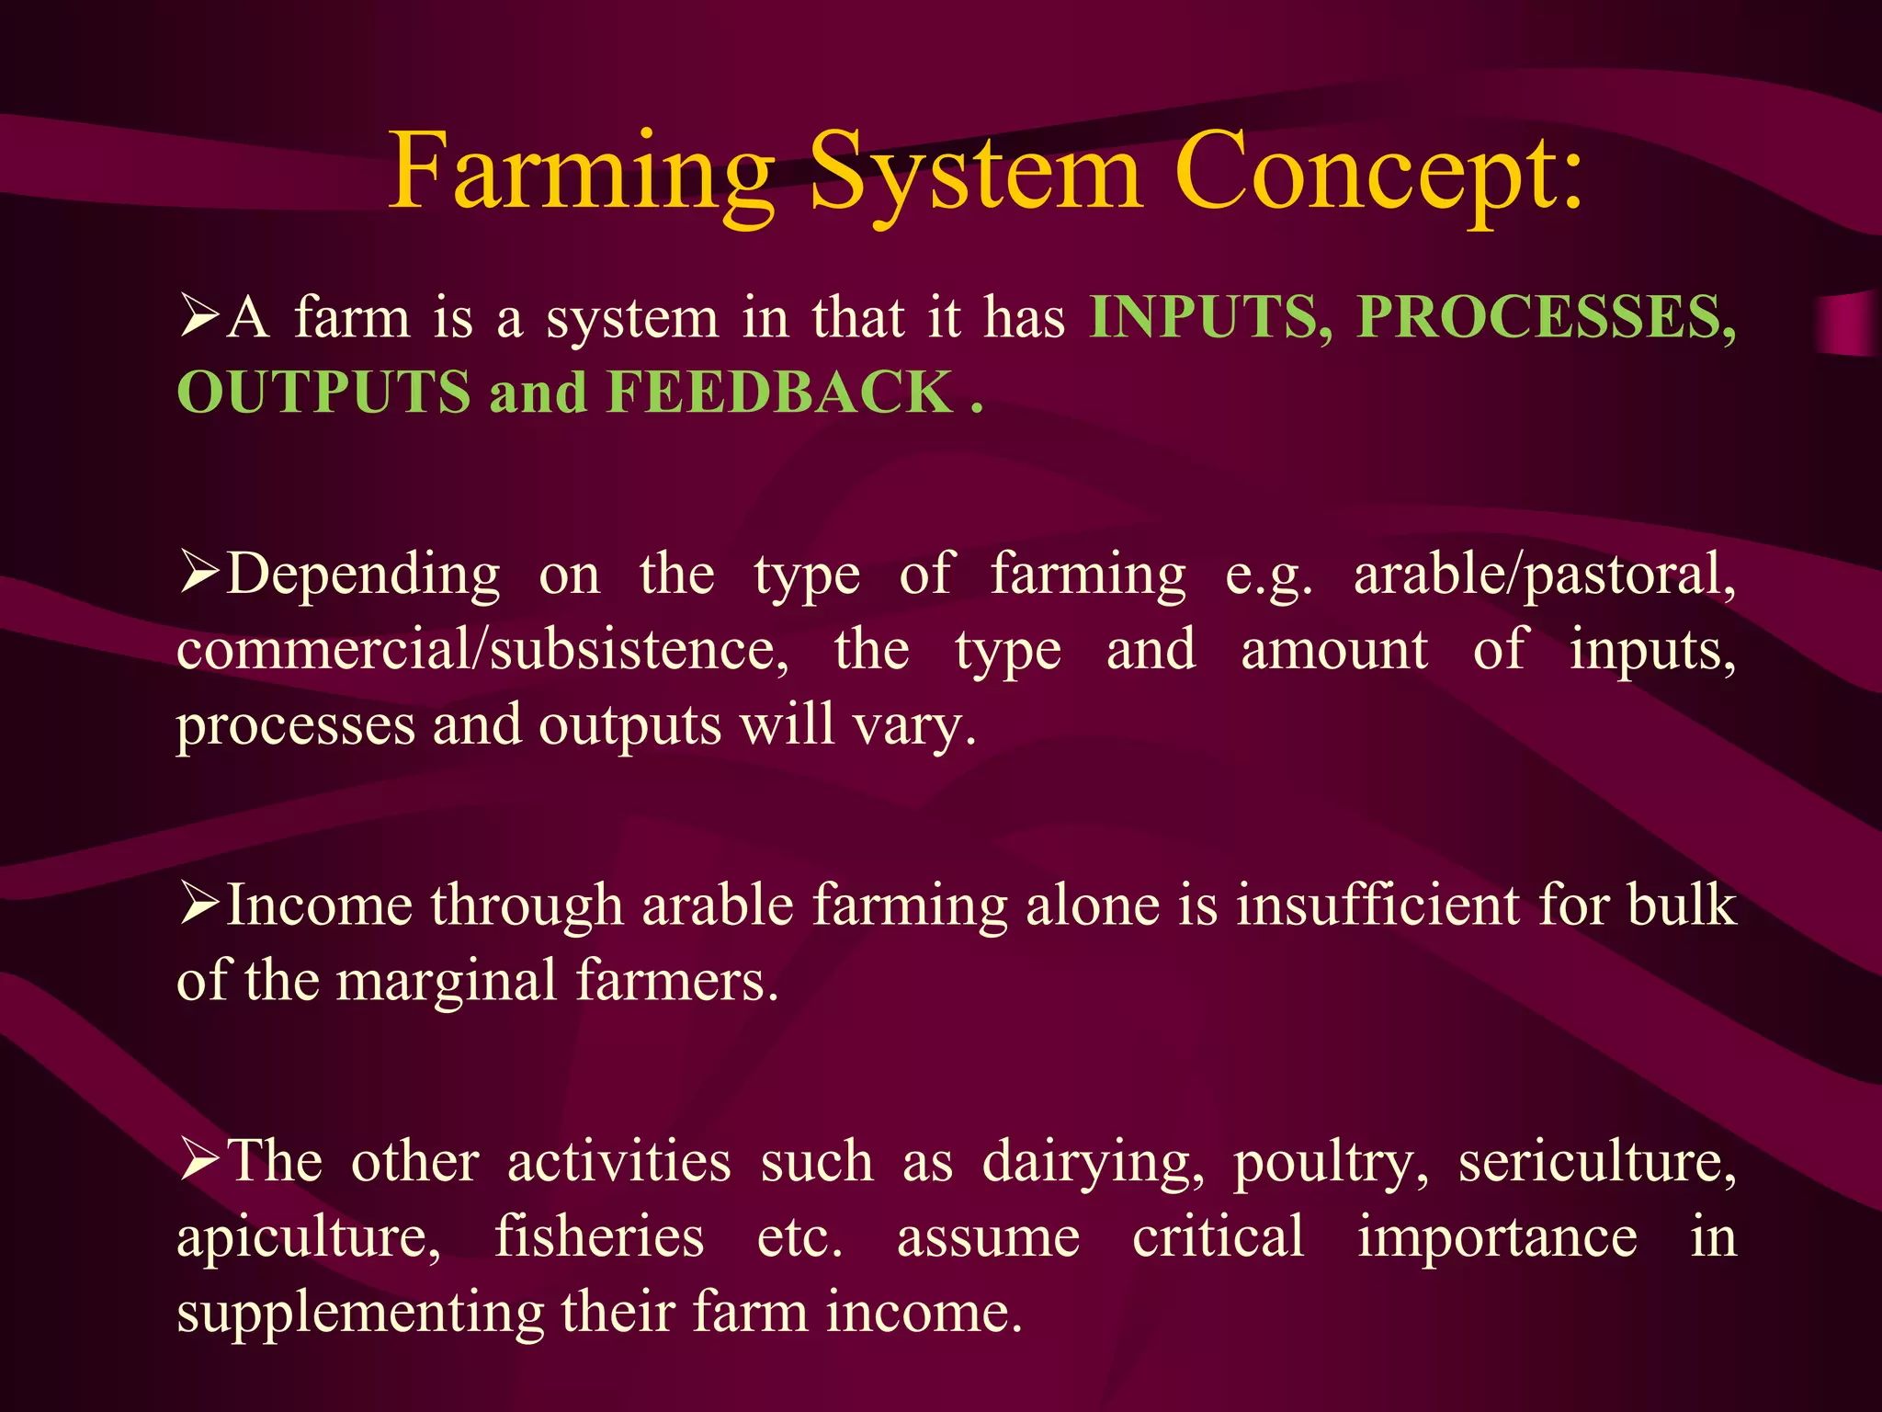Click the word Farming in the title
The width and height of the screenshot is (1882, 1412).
coord(581,173)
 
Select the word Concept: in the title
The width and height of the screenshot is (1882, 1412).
coord(1378,173)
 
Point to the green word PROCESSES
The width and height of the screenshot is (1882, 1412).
coord(1546,318)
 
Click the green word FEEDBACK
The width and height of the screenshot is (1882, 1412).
coord(780,393)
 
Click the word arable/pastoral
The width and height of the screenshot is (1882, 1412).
coord(1545,575)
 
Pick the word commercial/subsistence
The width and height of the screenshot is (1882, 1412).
coord(482,650)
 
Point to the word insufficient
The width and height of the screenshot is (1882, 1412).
coord(1377,905)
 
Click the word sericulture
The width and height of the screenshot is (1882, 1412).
coord(1597,1162)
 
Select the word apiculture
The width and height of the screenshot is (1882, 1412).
coord(309,1237)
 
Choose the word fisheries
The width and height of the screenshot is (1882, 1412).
coord(599,1236)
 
